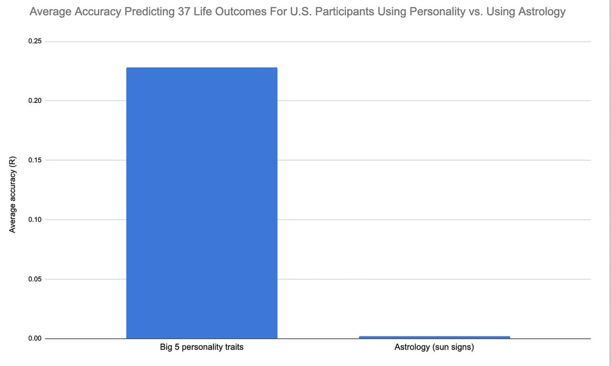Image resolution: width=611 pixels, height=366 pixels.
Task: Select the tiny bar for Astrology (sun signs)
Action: tap(434, 337)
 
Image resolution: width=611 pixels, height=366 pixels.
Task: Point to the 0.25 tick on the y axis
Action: tap(35, 41)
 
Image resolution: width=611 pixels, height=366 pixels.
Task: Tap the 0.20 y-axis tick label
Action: tap(35, 101)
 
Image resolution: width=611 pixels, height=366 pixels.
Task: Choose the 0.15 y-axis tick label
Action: tap(35, 161)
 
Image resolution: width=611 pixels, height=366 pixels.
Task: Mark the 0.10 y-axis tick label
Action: tap(35, 220)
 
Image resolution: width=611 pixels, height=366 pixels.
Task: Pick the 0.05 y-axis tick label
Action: tap(35, 279)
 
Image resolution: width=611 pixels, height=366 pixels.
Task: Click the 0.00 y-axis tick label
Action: tap(35, 338)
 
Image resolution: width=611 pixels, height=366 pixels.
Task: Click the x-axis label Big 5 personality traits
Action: tap(202, 348)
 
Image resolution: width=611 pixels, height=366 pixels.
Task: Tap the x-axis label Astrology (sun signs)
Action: tap(434, 348)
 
